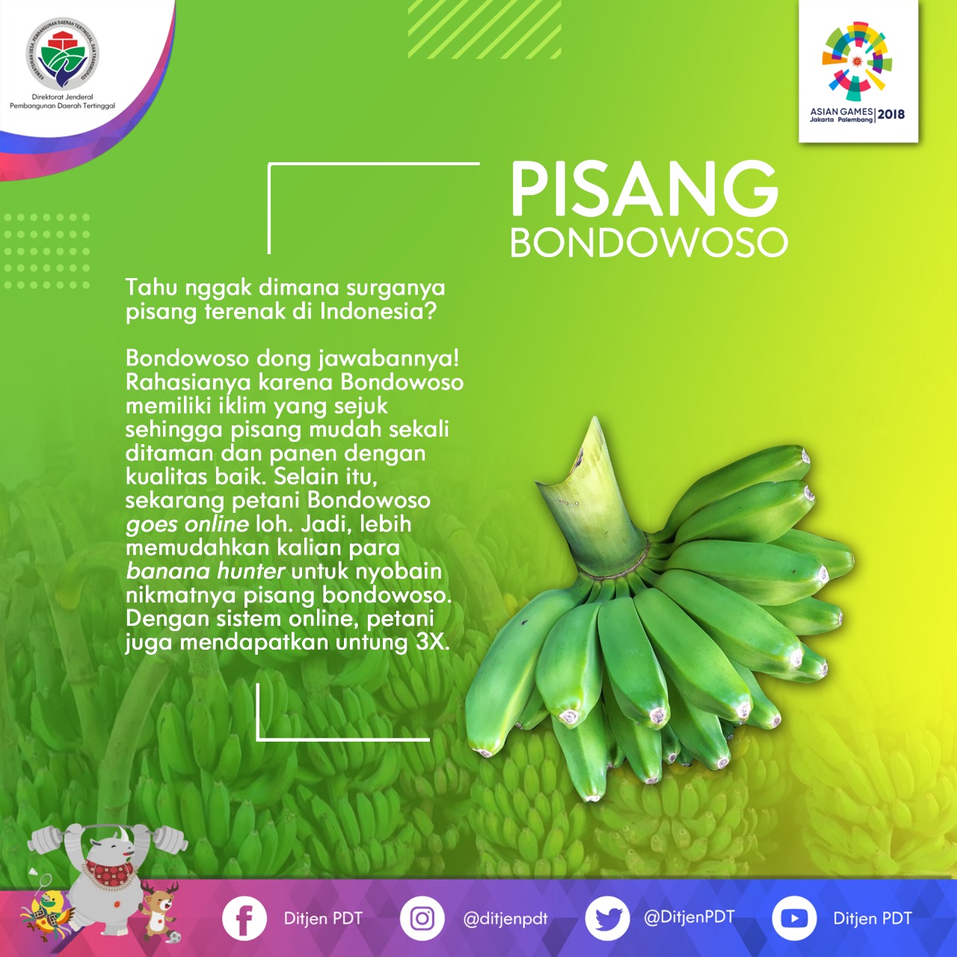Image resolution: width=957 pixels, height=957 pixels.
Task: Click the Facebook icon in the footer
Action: [x=244, y=918]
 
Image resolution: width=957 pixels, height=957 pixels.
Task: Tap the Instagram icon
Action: [x=422, y=918]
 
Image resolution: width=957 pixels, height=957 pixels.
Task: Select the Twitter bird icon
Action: [x=607, y=918]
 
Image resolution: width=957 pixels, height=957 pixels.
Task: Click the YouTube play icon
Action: [x=793, y=918]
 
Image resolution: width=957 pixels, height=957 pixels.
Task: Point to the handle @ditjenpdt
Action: [x=505, y=920]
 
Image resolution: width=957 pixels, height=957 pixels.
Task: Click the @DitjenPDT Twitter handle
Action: [x=689, y=917]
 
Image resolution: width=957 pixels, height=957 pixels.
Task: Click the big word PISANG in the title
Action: [x=644, y=189]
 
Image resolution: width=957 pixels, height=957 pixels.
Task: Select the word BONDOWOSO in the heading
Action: [x=649, y=242]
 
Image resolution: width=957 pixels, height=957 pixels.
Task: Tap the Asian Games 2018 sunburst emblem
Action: [x=857, y=61]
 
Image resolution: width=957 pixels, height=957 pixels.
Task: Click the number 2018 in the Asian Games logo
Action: [x=891, y=114]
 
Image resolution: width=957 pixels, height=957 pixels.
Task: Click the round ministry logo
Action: [x=63, y=54]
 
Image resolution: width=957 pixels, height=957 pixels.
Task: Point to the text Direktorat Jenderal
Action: [x=62, y=97]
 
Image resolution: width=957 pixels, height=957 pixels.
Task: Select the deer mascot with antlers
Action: [x=159, y=913]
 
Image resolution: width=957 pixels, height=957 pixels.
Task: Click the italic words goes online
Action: [x=187, y=524]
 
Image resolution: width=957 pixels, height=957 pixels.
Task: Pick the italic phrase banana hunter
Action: [x=205, y=571]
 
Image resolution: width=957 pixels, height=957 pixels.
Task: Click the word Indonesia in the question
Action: [x=378, y=311]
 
